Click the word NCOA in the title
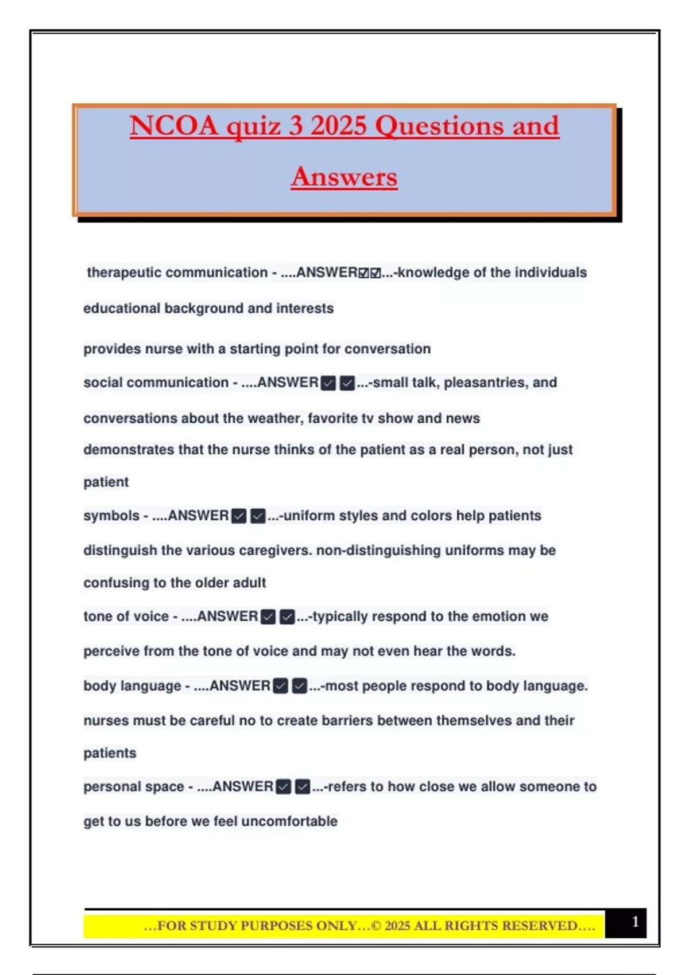173,126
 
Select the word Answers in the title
344,177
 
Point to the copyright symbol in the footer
376,926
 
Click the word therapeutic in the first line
119,272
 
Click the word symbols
111,516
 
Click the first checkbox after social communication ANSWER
328,383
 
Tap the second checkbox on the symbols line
258,516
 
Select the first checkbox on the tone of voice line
268,617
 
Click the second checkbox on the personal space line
303,787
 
